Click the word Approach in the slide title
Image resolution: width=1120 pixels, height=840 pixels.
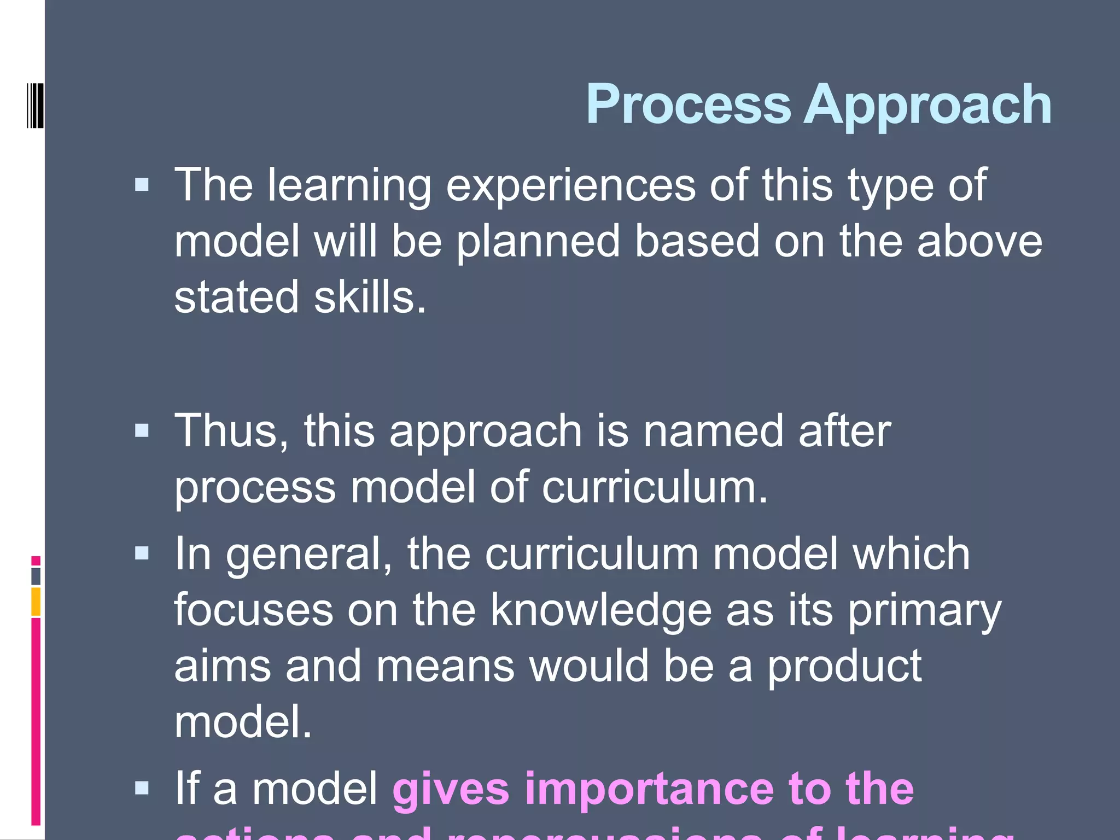(927, 105)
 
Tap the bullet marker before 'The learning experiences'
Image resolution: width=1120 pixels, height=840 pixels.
(142, 185)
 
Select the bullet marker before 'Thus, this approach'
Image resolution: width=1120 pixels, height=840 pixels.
(142, 430)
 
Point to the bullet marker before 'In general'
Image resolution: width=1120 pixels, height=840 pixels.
(142, 553)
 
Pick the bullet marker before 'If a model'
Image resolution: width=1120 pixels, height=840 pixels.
(142, 787)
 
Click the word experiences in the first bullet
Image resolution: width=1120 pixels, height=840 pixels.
(570, 186)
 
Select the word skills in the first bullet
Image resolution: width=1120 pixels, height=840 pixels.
(369, 297)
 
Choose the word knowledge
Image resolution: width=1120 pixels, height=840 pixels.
(600, 610)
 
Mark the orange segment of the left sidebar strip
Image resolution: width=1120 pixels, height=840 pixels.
(36, 602)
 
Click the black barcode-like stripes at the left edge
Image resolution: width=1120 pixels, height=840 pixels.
(35, 105)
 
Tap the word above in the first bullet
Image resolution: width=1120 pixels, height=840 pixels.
(979, 241)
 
